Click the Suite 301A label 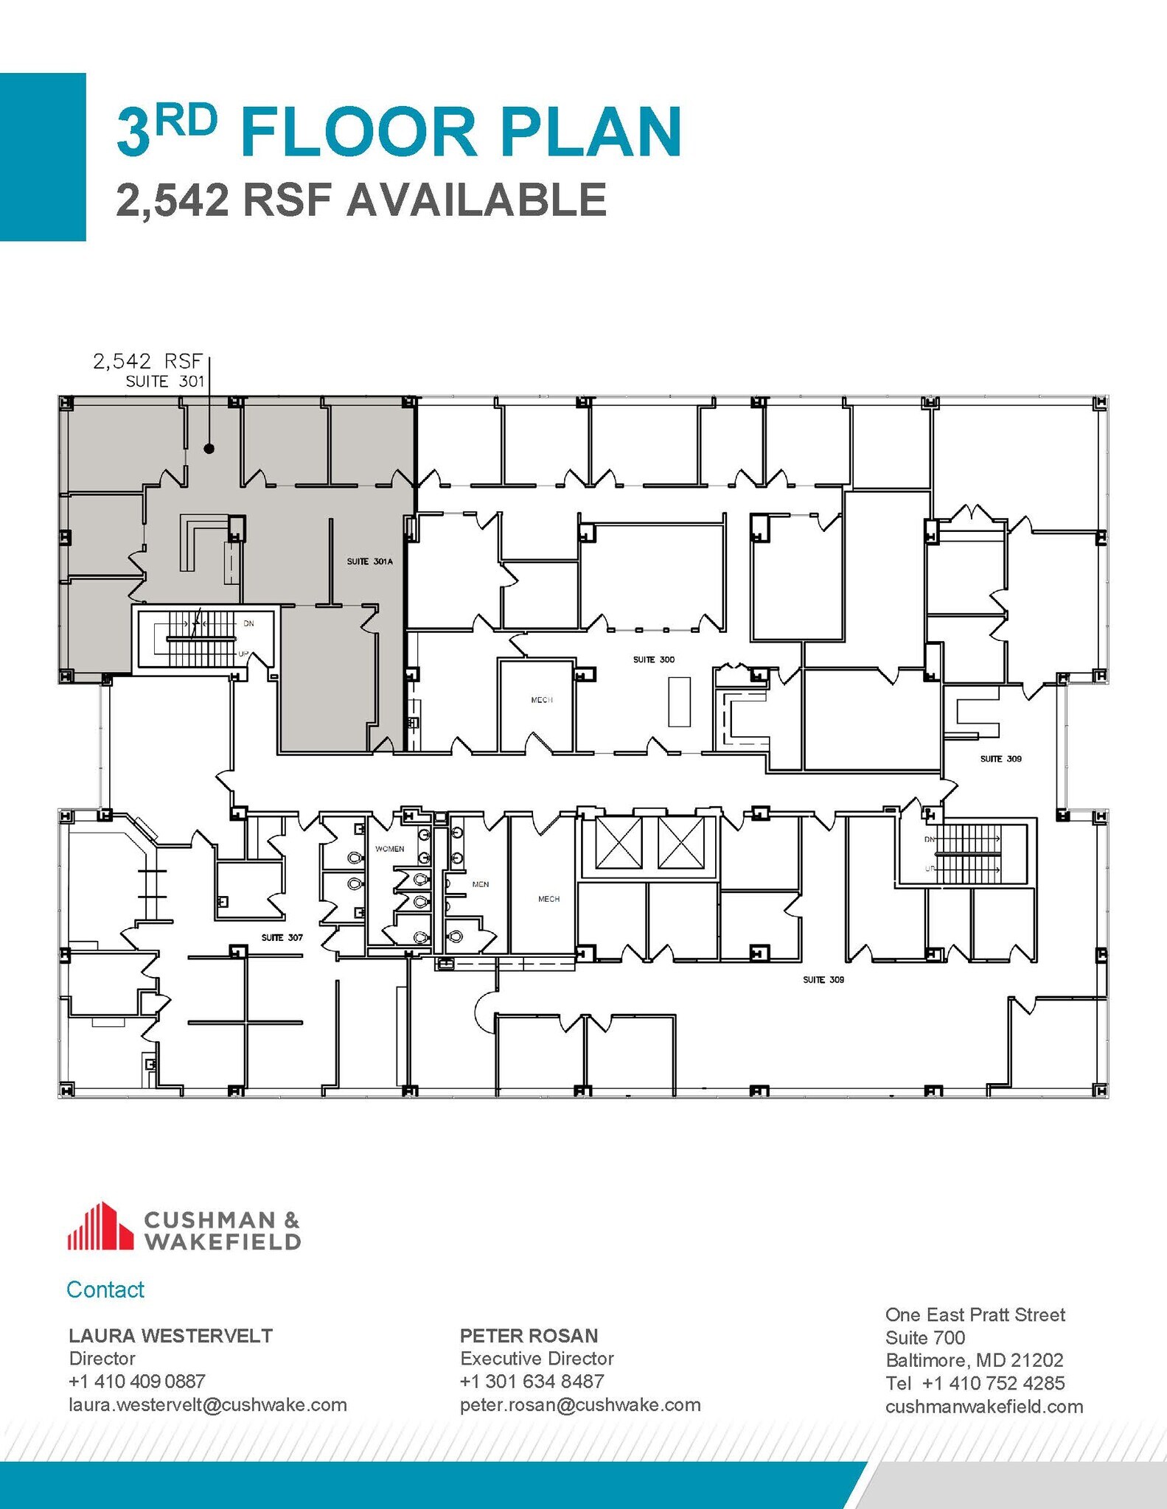click(x=369, y=561)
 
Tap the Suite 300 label click(x=653, y=659)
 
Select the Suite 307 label click(x=282, y=937)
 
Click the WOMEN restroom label click(x=389, y=849)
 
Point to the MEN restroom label click(x=480, y=884)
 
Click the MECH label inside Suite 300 click(x=541, y=700)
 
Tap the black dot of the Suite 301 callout click(x=209, y=448)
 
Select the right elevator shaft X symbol click(x=682, y=842)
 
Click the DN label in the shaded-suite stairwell click(x=248, y=623)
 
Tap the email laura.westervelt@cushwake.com click(x=207, y=1404)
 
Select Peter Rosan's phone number click(x=532, y=1381)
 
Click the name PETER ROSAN click(x=529, y=1335)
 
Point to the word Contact click(x=105, y=1289)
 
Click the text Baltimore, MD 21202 click(x=974, y=1359)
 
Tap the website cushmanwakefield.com click(x=983, y=1407)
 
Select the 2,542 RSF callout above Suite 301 click(x=147, y=361)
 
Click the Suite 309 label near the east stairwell click(x=1000, y=758)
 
